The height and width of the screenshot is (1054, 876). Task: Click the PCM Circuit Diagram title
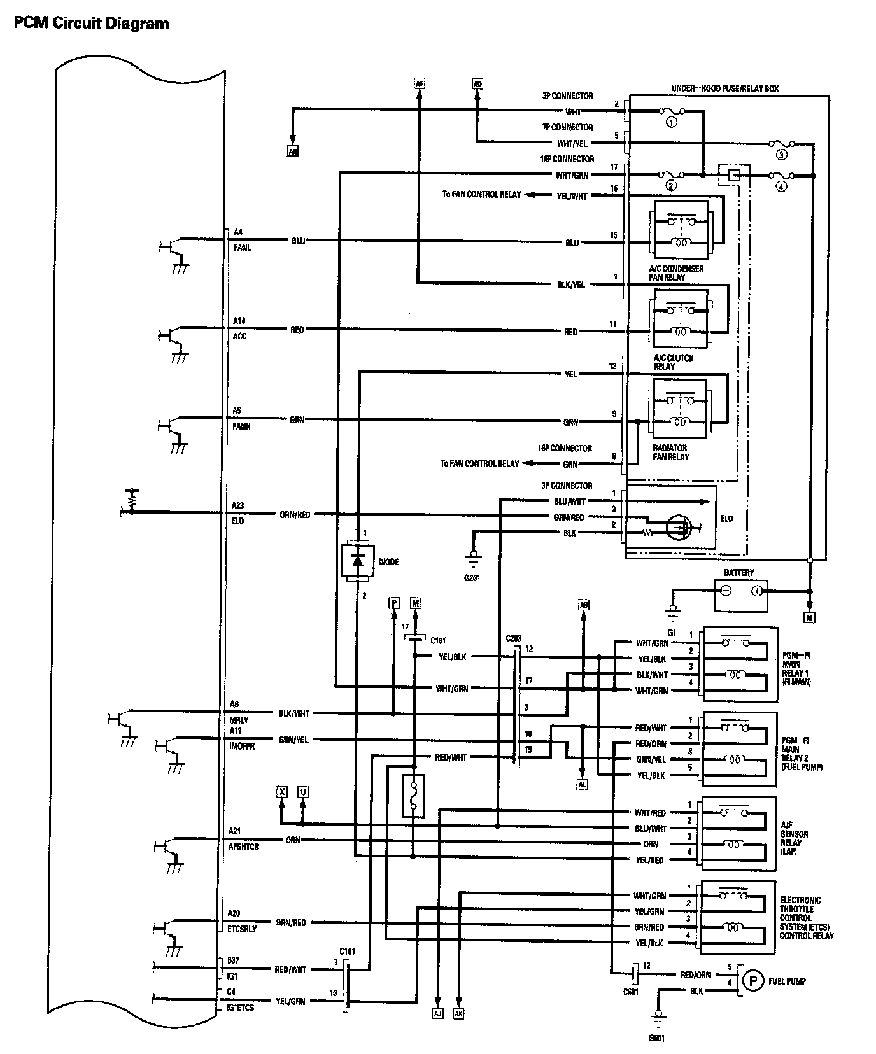coord(92,24)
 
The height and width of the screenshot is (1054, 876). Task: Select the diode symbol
coord(357,560)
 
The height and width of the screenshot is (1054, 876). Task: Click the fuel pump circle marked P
coord(753,981)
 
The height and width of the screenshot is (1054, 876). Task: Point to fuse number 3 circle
coord(781,155)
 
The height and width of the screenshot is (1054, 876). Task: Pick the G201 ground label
coord(472,578)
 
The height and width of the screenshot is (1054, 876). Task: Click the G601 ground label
coord(657,1039)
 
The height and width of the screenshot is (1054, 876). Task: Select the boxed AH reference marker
coord(293,151)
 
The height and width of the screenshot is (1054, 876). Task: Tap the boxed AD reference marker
coord(477,83)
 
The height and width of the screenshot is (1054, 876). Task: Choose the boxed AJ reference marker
coord(437,1014)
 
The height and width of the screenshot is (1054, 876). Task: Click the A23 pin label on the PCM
coord(237,505)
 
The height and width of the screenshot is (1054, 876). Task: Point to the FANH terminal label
coord(241,426)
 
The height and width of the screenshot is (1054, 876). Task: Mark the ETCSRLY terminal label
coord(243,929)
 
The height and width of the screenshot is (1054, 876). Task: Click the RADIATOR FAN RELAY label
coord(670,453)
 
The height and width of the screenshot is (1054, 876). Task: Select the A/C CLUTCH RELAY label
coord(673,362)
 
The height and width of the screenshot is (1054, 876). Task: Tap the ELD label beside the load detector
coord(726,519)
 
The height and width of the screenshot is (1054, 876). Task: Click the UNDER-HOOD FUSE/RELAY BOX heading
coord(725,89)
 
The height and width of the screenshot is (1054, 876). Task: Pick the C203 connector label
coord(514,638)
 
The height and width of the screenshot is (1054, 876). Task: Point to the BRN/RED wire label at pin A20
coord(292,922)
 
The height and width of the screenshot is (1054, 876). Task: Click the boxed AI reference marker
coord(809,617)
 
